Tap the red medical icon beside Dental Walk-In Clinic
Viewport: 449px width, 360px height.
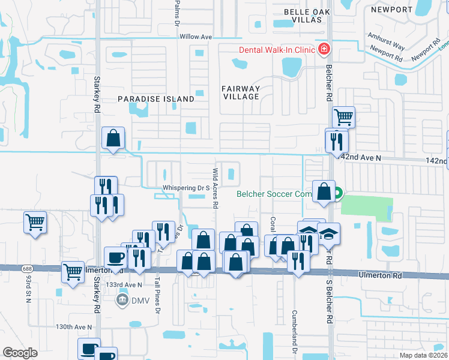pyautogui.click(x=324, y=49)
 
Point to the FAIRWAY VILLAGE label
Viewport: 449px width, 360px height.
pyautogui.click(x=241, y=92)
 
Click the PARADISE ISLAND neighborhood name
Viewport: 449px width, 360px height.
pyautogui.click(x=155, y=98)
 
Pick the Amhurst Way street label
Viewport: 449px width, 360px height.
pyautogui.click(x=387, y=43)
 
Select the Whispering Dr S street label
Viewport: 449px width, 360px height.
pyautogui.click(x=185, y=188)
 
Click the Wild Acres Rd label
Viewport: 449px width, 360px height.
pyautogui.click(x=214, y=188)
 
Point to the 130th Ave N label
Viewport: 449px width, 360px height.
pyautogui.click(x=74, y=327)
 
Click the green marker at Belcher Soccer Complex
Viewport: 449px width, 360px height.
pyautogui.click(x=337, y=193)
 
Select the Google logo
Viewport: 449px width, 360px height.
pyautogui.click(x=20, y=352)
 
